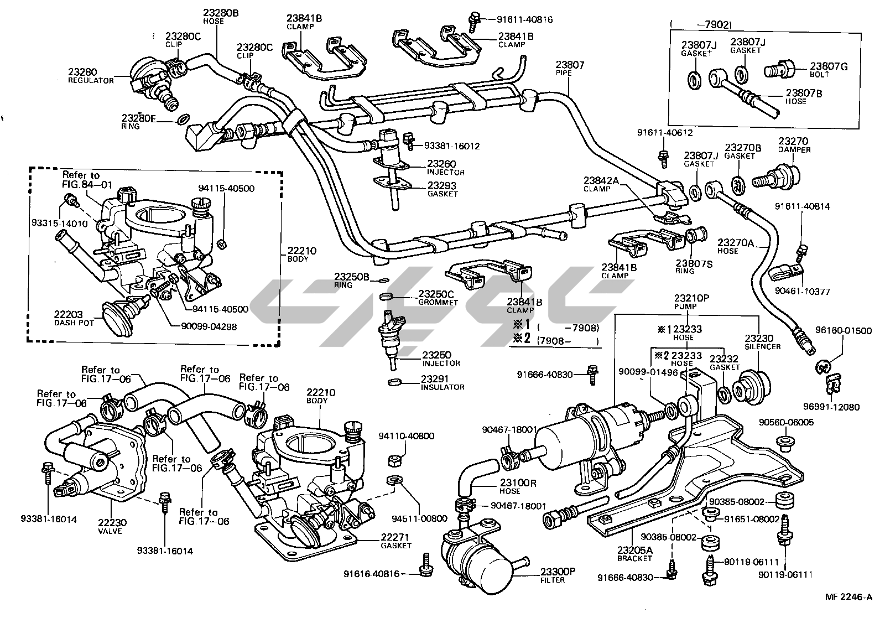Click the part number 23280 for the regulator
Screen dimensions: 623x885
click(x=82, y=72)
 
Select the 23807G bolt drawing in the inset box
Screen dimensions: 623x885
click(x=778, y=70)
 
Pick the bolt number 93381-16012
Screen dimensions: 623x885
click(x=451, y=146)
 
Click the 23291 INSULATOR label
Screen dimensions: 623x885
click(x=442, y=383)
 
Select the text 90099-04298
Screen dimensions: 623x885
click(x=209, y=327)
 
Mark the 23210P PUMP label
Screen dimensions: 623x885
click(x=691, y=302)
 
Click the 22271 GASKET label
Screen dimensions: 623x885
click(x=396, y=541)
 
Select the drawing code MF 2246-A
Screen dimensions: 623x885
click(x=848, y=596)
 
